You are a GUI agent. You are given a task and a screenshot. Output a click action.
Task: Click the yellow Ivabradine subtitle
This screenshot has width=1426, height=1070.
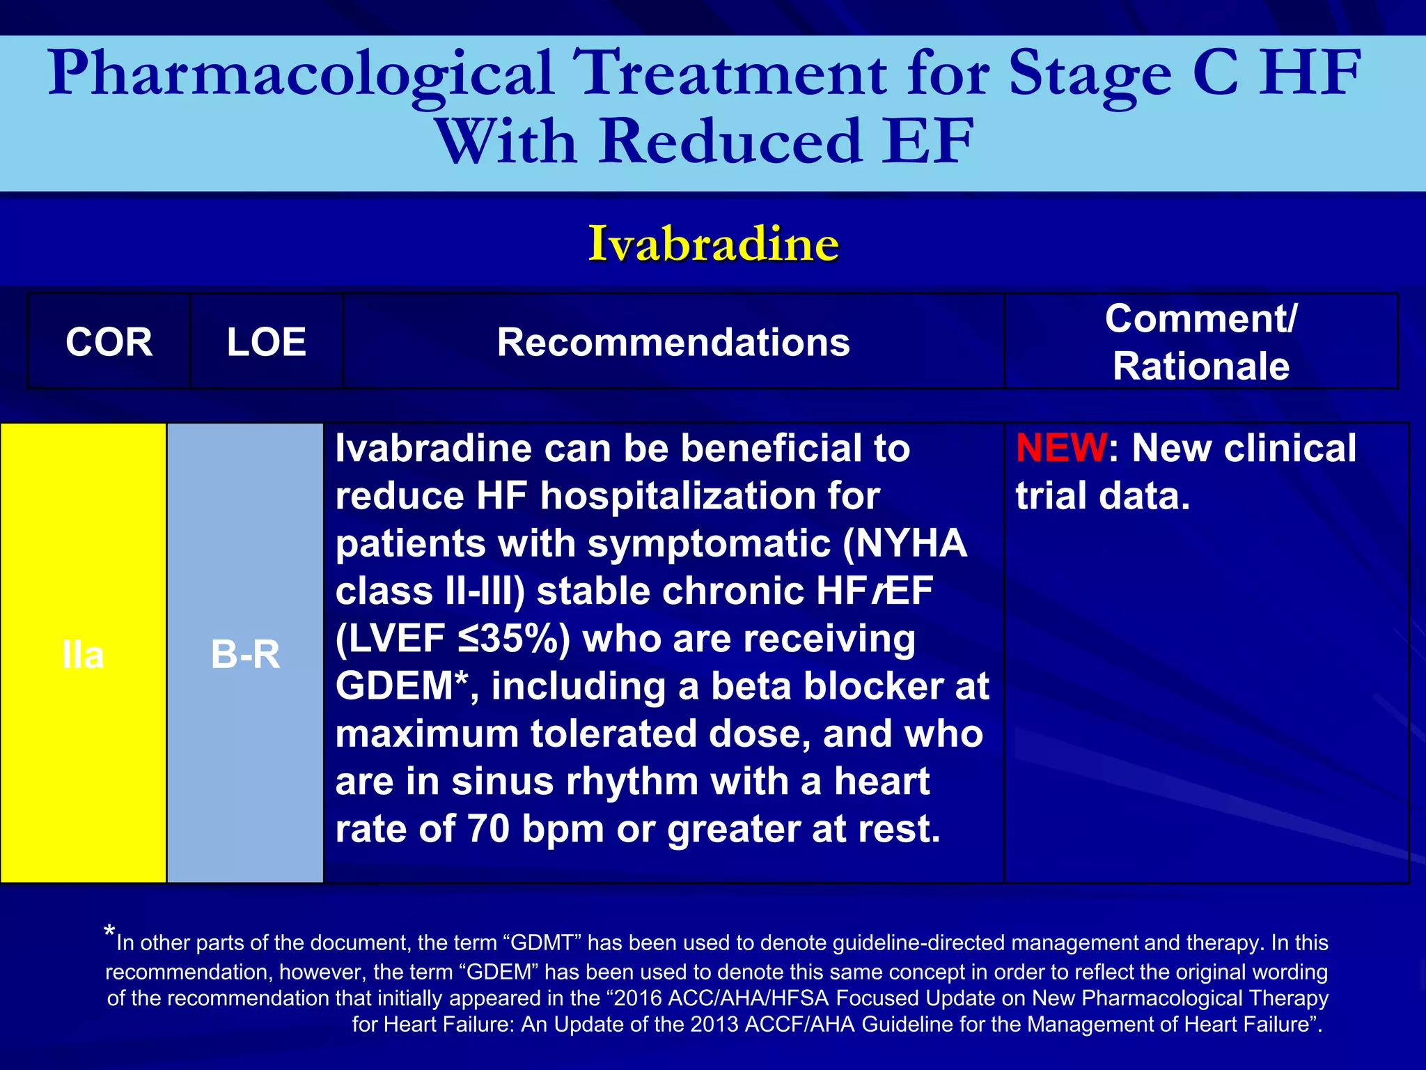pos(713,244)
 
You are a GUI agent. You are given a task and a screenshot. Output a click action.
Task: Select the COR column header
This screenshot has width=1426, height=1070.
pos(109,342)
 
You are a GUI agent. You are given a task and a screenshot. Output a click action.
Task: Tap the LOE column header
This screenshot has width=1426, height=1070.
pos(266,342)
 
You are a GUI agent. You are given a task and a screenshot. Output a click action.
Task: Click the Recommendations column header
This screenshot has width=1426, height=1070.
pos(673,342)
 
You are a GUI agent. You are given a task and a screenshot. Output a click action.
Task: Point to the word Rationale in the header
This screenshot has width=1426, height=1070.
pos(1200,366)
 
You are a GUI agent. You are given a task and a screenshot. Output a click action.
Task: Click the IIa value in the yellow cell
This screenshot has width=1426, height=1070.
pos(83,655)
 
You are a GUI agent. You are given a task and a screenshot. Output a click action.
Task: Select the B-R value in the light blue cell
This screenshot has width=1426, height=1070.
pos(245,655)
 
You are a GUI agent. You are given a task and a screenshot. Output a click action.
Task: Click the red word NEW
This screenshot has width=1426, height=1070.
pos(1060,448)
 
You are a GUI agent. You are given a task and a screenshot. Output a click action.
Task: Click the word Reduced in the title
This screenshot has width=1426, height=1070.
pos(730,141)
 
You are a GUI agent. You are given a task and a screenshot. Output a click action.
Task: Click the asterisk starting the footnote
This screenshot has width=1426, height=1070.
pos(109,932)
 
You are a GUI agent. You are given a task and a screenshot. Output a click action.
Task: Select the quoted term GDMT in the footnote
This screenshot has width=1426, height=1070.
pos(542,943)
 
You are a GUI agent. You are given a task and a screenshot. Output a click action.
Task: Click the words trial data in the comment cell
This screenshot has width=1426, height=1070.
pos(1103,496)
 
